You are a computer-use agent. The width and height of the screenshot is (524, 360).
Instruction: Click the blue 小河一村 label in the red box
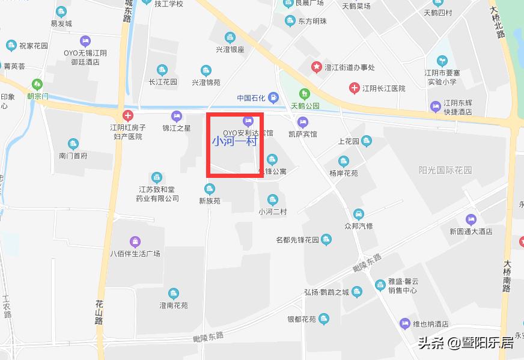coord(234,142)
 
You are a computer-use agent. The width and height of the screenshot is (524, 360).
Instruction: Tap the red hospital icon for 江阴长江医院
coord(355,88)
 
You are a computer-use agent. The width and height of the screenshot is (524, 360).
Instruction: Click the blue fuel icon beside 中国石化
coord(273,97)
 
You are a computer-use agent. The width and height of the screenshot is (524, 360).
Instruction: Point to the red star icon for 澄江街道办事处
coord(316,67)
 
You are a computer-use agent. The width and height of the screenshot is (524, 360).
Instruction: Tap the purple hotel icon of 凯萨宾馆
coord(303,122)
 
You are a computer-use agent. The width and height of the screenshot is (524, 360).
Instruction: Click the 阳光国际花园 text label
coord(445,170)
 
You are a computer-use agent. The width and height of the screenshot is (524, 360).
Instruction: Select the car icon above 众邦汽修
coord(359,214)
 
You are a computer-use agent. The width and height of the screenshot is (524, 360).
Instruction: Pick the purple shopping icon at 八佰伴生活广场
coord(135,242)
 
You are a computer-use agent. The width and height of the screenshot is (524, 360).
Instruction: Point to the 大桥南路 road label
coord(508,276)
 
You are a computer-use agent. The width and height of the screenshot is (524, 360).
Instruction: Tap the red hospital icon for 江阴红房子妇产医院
coord(127,115)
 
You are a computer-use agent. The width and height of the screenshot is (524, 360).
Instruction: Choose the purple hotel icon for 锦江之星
coord(176,115)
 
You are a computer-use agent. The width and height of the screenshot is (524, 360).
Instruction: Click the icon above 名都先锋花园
coord(326,240)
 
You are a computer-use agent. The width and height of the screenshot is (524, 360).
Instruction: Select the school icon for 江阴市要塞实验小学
coord(443,61)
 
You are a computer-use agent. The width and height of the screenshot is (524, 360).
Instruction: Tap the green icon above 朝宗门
coord(38,84)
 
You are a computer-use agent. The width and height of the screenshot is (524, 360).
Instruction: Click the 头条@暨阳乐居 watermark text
coord(466,343)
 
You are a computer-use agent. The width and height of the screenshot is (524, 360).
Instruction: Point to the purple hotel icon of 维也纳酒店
coord(405,323)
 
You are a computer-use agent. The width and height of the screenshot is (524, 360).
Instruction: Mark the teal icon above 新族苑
coord(210,189)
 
